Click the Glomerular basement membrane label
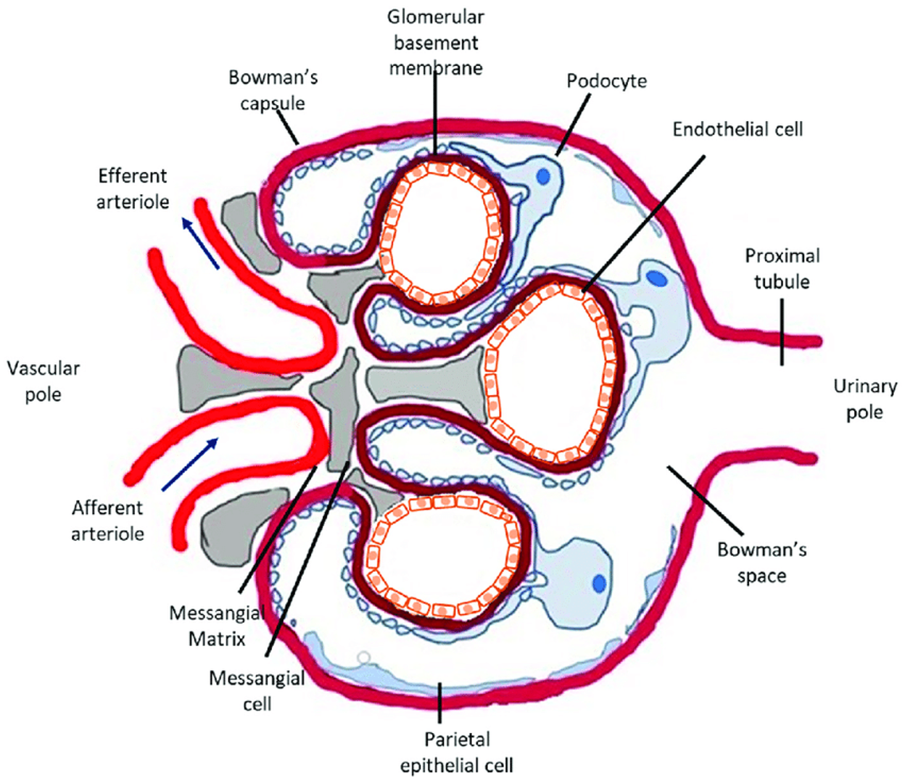pyautogui.click(x=436, y=43)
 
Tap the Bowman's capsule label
pyautogui.click(x=273, y=90)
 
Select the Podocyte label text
pyautogui.click(x=606, y=80)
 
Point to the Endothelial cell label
pyautogui.click(x=737, y=130)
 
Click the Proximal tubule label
pyautogui.click(x=782, y=268)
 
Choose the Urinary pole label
pyautogui.click(x=864, y=399)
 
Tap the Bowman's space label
pyautogui.click(x=761, y=563)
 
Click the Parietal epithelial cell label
pyautogui.click(x=456, y=752)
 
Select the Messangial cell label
pyautogui.click(x=257, y=691)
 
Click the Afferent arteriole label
pyautogui.click(x=107, y=521)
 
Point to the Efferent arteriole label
pyautogui.click(x=132, y=188)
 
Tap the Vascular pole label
pyautogui.click(x=44, y=381)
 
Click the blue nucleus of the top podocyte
pyautogui.click(x=543, y=176)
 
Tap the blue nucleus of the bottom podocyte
pyautogui.click(x=599, y=582)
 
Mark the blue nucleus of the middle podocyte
pyautogui.click(x=656, y=277)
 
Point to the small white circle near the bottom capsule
pyautogui.click(x=364, y=657)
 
